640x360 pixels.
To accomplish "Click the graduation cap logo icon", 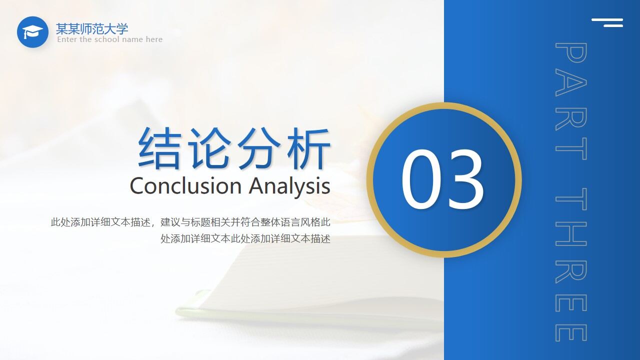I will pos(32,32).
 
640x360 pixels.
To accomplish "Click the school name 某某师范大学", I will pos(92,28).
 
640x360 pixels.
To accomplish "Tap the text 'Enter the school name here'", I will pos(109,39).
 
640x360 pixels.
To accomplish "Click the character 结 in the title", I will pos(158,148).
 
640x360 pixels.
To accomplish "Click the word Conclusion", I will pos(185,186).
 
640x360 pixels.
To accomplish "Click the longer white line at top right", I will pos(607,20).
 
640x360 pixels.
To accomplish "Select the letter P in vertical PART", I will pos(570,53).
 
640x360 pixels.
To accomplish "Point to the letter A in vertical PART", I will pos(570,86).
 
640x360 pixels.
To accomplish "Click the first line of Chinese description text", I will pos(190,222).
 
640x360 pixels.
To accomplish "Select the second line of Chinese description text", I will pos(245,238).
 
